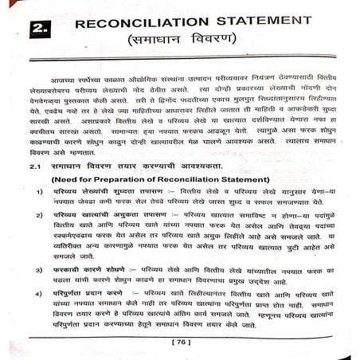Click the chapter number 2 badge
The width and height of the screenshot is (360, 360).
point(40,30)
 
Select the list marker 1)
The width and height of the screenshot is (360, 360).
point(39,192)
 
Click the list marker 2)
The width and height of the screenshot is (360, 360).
point(39,216)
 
